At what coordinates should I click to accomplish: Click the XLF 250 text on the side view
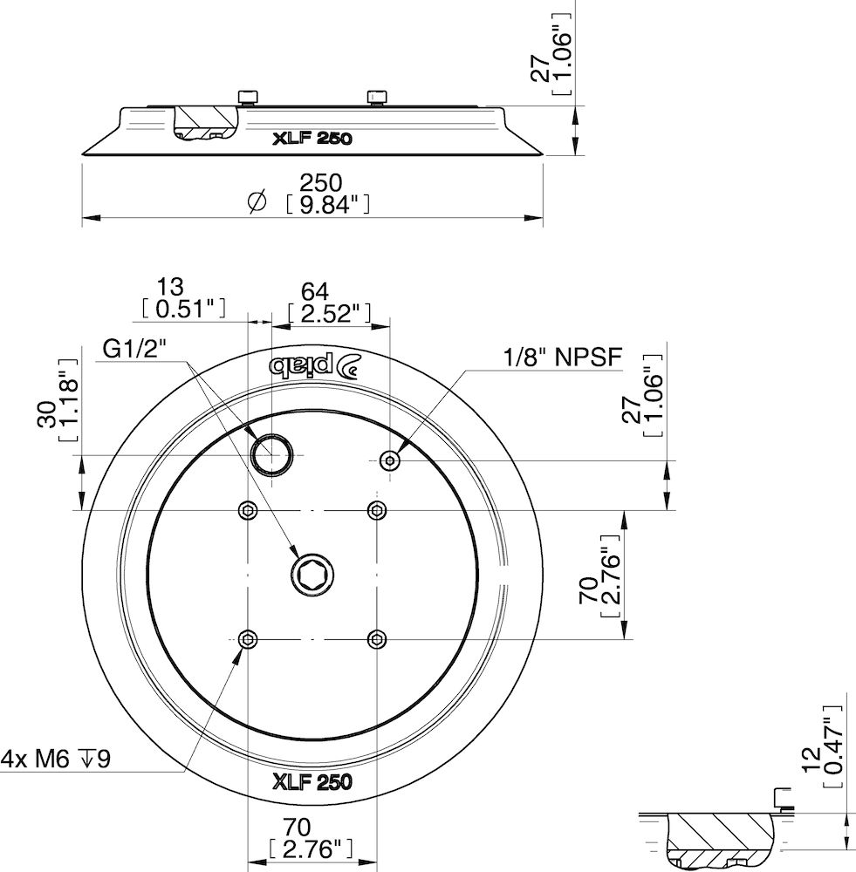pos(311,138)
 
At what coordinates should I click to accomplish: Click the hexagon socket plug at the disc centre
pos(312,575)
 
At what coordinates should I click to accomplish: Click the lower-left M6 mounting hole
pos(249,640)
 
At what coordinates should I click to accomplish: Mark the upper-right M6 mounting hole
pos(376,509)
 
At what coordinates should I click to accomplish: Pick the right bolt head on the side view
pos(376,96)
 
